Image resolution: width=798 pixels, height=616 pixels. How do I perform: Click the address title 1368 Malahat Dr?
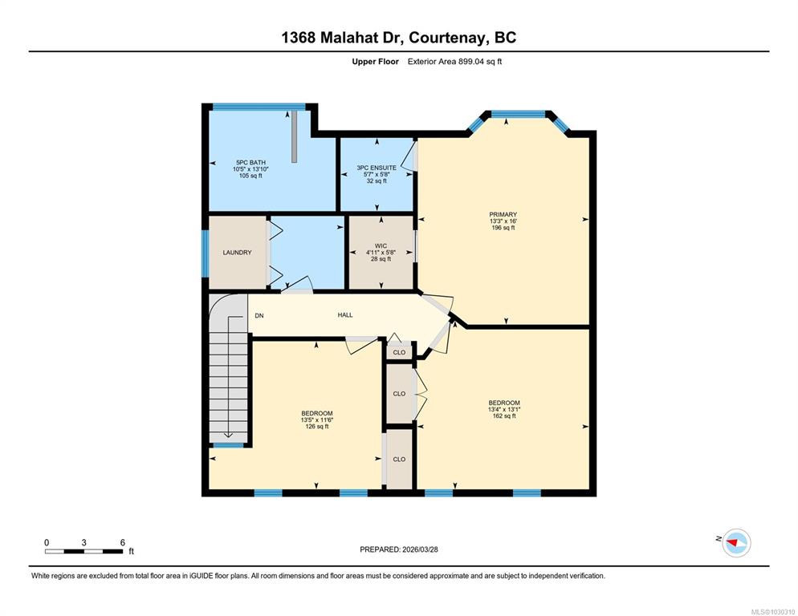(343, 38)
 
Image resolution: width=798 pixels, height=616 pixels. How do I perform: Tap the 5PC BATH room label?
(251, 162)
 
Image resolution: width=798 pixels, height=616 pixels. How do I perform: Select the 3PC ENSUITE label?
(377, 168)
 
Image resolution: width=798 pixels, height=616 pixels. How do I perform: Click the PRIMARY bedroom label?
(503, 215)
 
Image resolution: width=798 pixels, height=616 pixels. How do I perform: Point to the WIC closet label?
(381, 245)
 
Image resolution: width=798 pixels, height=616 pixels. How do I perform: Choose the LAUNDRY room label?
(237, 253)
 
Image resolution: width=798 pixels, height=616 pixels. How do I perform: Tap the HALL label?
(345, 315)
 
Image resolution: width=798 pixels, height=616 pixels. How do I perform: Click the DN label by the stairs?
(259, 315)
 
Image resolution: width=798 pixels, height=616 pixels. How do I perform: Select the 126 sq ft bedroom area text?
(317, 426)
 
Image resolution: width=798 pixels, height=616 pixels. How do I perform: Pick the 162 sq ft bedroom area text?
(504, 415)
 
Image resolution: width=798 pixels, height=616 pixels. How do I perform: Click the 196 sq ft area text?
(503, 227)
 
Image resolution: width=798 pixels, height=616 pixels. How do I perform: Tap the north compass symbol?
(736, 543)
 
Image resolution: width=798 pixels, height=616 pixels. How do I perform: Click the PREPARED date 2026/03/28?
(420, 549)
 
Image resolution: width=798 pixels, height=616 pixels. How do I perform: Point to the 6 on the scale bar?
(123, 543)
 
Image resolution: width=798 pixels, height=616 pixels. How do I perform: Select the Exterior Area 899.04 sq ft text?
(455, 62)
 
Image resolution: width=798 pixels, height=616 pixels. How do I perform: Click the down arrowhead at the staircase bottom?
(228, 435)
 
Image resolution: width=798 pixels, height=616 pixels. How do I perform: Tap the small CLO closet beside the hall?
(400, 352)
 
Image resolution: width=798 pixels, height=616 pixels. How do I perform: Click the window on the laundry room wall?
(205, 253)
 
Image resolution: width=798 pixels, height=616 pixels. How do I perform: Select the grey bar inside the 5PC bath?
(294, 136)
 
